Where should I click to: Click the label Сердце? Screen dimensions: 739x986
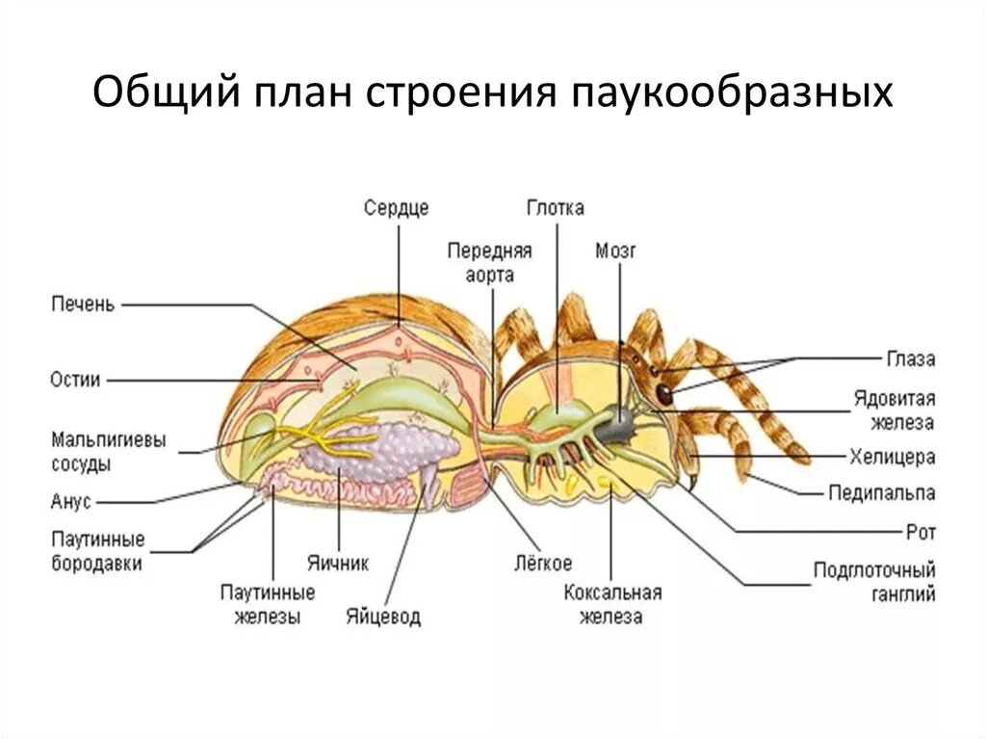pos(396,207)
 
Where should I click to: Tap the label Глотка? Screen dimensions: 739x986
pos(556,207)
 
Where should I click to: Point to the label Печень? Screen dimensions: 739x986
pos(83,304)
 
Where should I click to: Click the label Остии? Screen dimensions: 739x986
pos(75,379)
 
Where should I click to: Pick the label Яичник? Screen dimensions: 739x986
pos(337,562)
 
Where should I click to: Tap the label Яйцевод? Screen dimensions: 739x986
pos(383,617)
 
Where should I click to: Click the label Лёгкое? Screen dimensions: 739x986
pos(542,562)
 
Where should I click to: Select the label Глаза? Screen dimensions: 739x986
pos(911,358)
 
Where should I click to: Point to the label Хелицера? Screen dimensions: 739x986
pos(892,457)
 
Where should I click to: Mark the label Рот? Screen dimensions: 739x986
pos(921,531)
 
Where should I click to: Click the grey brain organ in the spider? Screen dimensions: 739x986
pos(618,420)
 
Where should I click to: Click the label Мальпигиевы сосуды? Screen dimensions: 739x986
pos(108,451)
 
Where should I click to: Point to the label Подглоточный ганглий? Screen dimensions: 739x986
pos(874,582)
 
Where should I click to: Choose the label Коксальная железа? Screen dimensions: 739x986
pos(612,604)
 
